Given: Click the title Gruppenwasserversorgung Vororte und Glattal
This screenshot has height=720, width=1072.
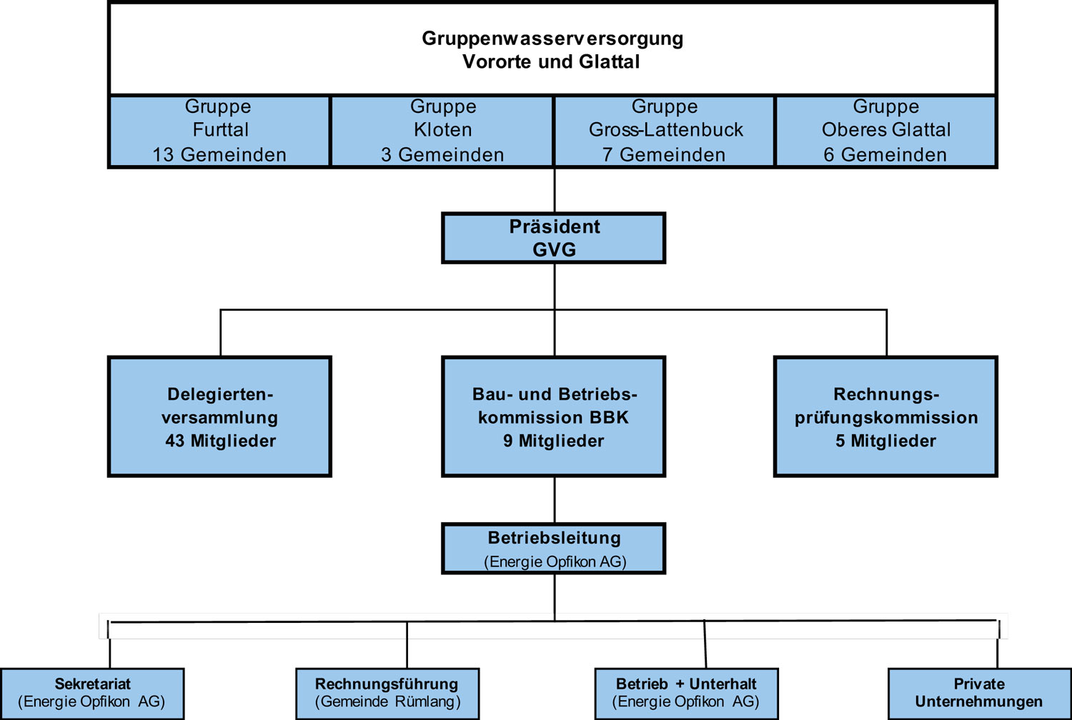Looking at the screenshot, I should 552,49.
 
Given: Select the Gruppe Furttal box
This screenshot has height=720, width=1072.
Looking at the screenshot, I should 219,131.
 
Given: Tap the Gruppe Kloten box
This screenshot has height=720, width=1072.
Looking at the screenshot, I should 442,131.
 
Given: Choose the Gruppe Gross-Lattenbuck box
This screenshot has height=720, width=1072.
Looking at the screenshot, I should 665,131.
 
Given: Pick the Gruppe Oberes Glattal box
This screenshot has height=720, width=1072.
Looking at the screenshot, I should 885,131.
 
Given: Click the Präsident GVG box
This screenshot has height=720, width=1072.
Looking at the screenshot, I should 554,238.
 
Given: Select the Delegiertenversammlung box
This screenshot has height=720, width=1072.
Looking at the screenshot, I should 219,416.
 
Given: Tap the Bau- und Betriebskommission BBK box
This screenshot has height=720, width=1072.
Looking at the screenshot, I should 554,416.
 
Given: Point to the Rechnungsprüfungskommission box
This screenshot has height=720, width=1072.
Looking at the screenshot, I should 885,416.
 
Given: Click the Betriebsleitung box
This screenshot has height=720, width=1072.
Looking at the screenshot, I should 554,549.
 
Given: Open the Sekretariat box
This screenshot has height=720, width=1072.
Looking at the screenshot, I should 92,693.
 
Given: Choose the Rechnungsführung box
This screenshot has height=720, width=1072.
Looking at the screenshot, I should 387,693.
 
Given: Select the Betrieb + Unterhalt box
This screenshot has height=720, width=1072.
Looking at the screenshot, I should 686,693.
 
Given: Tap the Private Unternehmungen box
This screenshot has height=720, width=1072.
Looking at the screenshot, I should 979,693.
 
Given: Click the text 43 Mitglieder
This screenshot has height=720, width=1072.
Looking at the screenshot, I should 220,441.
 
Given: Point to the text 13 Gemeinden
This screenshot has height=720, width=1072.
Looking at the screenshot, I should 219,155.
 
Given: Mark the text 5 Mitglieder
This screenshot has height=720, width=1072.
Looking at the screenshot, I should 885,441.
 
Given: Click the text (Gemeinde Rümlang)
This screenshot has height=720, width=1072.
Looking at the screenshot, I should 387,702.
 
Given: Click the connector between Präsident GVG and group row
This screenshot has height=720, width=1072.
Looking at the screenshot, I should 555,190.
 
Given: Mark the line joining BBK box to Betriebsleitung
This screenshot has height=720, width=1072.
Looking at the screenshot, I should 555,500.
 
